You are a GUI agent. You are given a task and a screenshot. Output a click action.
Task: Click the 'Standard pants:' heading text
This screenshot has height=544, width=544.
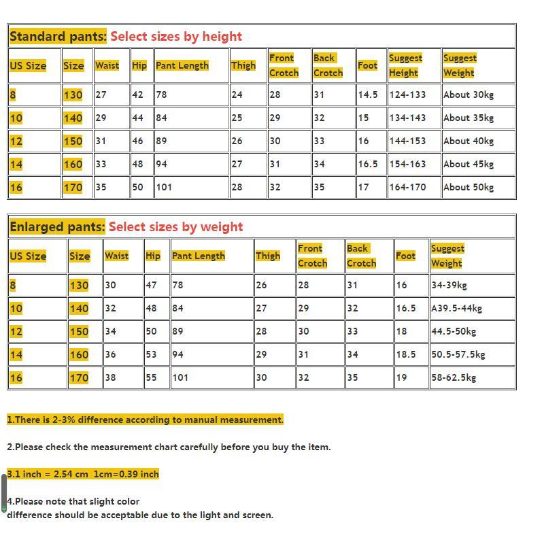coord(58,37)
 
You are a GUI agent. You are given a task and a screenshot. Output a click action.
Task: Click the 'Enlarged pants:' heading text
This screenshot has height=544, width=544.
coord(57,227)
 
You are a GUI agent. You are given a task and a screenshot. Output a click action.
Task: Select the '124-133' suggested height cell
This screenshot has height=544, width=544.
coord(407,95)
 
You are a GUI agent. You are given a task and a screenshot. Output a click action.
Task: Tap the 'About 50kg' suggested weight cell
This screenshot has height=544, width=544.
coord(469,187)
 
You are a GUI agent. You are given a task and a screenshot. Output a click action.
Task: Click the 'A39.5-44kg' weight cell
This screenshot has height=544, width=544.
coord(456,308)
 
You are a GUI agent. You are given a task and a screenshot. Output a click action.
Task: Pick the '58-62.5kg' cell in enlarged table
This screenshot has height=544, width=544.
coord(454,377)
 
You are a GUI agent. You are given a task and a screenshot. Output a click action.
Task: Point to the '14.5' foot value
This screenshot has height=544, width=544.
coord(368,95)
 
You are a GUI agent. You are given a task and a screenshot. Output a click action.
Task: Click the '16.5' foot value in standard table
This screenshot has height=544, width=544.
coord(368,164)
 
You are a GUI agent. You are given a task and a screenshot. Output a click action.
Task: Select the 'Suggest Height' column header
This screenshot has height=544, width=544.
coord(405,65)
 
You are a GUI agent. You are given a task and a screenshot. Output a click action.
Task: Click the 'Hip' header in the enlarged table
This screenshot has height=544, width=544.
coord(153,256)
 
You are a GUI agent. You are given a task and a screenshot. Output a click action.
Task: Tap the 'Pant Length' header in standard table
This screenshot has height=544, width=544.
coord(182,65)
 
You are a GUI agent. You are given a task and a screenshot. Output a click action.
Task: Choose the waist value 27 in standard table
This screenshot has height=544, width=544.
coord(101,95)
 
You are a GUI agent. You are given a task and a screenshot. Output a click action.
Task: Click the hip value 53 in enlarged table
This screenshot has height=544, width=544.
coord(151,354)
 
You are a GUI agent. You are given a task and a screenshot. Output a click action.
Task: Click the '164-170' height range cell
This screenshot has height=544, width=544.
coord(407,187)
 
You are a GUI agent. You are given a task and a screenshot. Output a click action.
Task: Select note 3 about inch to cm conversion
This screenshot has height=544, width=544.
coord(83,474)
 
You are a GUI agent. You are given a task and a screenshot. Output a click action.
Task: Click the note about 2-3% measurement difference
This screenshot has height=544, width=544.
coord(145,420)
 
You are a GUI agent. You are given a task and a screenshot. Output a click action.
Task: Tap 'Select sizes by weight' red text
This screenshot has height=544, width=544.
coord(175,227)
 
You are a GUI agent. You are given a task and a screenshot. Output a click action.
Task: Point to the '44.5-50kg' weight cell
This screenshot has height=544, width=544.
coord(454,331)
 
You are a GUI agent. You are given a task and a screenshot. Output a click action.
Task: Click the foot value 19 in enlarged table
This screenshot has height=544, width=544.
coord(401,377)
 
